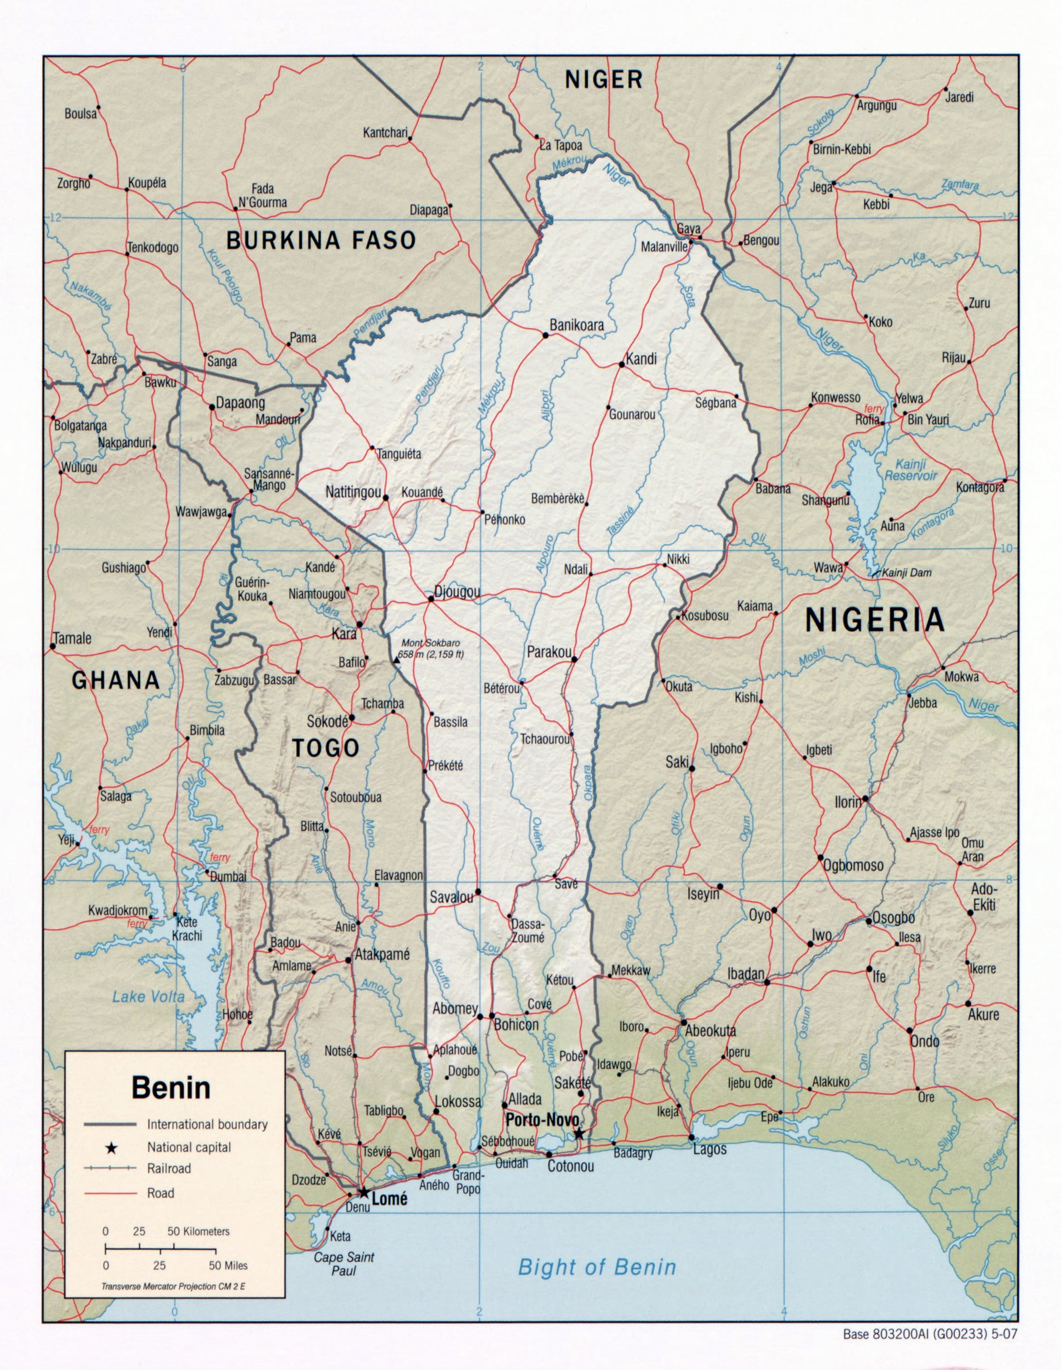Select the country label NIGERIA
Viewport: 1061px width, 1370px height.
tap(875, 620)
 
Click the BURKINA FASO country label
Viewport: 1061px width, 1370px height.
tap(321, 240)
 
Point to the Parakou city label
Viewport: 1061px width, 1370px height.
tap(548, 652)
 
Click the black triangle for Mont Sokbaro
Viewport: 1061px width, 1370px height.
tap(396, 661)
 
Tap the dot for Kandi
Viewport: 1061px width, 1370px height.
tap(621, 364)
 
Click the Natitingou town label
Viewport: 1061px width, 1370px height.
tap(353, 493)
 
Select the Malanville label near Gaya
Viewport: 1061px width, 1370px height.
tap(664, 247)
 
